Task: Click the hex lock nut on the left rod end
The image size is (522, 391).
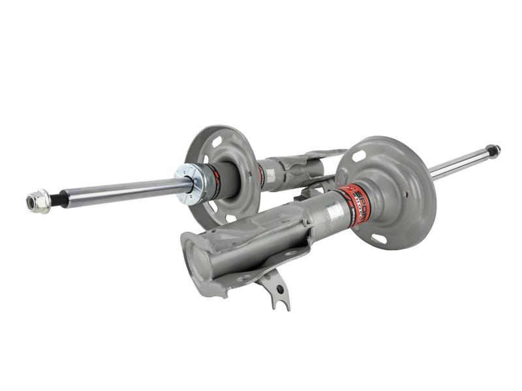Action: pos(38,201)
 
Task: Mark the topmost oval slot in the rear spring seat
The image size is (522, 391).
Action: pos(216,139)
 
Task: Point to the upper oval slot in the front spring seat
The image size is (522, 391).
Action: pos(358,156)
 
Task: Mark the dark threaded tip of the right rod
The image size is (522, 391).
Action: pos(493,151)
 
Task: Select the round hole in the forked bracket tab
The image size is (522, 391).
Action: pos(280,289)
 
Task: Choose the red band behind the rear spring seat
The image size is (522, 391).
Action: pos(261,175)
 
